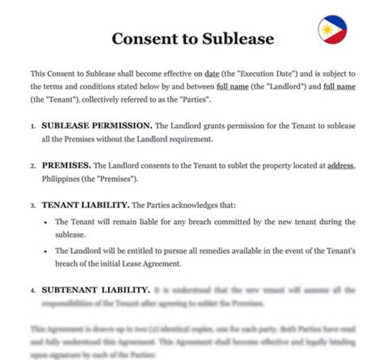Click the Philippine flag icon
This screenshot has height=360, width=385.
(333, 29)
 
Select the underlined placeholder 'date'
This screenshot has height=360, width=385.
(212, 73)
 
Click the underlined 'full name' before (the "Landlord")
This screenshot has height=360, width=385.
(232, 86)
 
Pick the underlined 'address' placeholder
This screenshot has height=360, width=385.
(340, 166)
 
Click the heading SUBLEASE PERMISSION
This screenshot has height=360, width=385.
(97, 126)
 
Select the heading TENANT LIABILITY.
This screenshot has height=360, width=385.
(86, 205)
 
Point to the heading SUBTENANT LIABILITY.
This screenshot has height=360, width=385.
(96, 290)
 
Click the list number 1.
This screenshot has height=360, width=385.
(33, 127)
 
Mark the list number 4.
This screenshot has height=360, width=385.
(33, 290)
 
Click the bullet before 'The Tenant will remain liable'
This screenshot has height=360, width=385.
(47, 222)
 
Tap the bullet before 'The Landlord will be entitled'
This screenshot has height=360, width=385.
(47, 251)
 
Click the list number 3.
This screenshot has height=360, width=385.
(33, 205)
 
